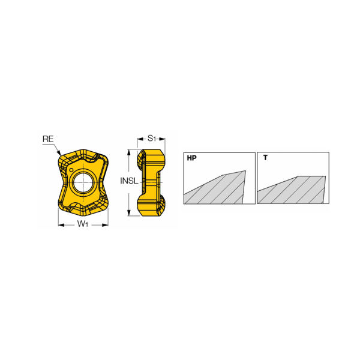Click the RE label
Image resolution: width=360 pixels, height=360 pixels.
48,139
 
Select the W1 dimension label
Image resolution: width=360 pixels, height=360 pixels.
83,223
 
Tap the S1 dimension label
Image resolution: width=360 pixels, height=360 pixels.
152,138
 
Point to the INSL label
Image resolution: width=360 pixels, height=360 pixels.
129,181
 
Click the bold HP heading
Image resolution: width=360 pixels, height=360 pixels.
192,158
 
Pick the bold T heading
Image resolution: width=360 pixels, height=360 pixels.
265,158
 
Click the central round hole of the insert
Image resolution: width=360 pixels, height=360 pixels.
83,182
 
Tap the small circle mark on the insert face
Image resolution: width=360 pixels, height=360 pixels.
71,170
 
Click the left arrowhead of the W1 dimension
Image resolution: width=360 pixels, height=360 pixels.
61,225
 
